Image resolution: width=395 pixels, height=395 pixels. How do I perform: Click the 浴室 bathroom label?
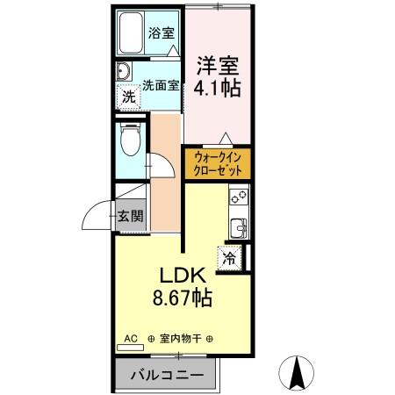162,34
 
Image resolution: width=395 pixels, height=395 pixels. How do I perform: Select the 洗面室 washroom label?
161,86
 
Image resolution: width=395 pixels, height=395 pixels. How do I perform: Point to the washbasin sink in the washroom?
125,73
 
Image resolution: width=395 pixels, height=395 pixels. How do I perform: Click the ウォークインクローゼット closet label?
217,164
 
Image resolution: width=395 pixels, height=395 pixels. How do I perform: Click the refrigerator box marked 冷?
230,259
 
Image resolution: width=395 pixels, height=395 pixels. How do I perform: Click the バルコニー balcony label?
168,375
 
